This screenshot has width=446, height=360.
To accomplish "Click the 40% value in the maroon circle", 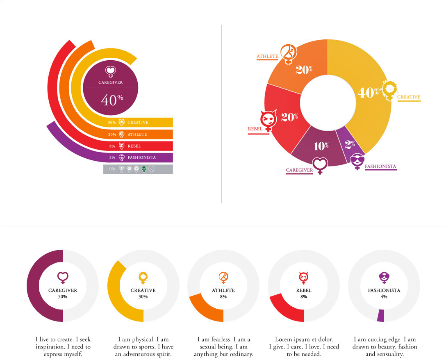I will click(x=109, y=100).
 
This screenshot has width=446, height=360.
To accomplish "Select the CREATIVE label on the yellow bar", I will click(x=138, y=123).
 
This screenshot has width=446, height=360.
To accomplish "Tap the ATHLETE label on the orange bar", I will click(x=137, y=134).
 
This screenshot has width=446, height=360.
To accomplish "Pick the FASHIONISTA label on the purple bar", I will click(x=141, y=157).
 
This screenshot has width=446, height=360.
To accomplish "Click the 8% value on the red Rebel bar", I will click(x=112, y=146).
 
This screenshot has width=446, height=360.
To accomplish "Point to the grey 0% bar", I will click(x=138, y=169).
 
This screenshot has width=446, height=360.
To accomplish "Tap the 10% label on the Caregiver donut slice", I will click(x=321, y=146).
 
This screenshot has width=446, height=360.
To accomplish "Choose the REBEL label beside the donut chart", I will click(x=255, y=129).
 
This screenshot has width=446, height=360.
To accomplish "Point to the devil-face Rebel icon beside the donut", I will click(x=269, y=120).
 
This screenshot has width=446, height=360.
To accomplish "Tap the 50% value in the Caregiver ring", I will click(x=63, y=296).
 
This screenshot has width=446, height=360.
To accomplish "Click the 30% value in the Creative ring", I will click(x=143, y=296).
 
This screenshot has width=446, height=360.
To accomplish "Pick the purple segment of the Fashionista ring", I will click(x=381, y=315).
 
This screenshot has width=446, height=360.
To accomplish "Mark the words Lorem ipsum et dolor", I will click(x=304, y=339).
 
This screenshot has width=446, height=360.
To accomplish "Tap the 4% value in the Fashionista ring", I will click(x=384, y=296).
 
